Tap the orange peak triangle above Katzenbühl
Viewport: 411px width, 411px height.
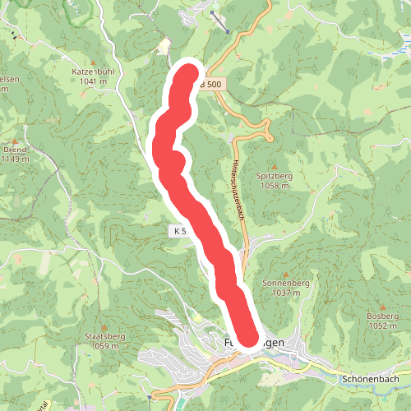99,62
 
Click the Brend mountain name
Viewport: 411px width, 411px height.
15,150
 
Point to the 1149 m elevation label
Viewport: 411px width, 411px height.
15,159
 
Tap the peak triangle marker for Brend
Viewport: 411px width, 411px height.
14,141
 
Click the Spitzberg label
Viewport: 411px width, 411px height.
274,176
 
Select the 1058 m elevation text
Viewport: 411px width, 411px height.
274,186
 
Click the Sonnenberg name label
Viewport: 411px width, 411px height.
285,283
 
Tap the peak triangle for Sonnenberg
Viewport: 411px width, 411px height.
285,274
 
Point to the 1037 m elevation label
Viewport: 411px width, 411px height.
285,293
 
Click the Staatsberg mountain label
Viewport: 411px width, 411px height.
104,336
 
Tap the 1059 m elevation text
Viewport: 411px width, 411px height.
104,346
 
